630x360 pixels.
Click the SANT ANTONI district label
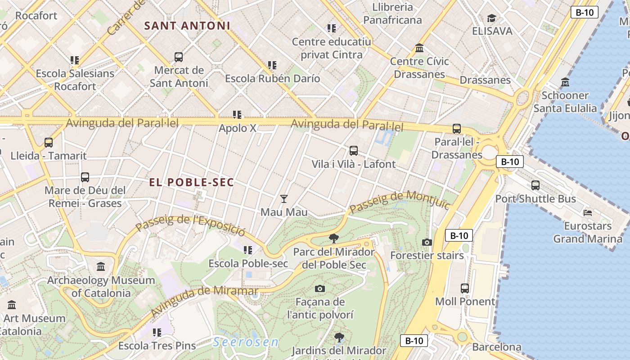[x=187, y=26]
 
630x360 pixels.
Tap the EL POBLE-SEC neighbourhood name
[x=192, y=182]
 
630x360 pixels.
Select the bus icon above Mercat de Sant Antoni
[x=179, y=57]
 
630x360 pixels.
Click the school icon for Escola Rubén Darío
[x=272, y=65]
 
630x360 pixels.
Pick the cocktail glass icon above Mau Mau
[x=284, y=198]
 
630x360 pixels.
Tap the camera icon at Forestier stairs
[x=427, y=243]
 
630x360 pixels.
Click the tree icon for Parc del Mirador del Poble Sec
[x=333, y=238]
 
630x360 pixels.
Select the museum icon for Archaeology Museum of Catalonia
[x=101, y=267]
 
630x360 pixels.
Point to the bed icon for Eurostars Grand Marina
[x=588, y=212]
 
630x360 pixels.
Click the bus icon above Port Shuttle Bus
[x=535, y=185]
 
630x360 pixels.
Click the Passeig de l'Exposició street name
[x=191, y=225]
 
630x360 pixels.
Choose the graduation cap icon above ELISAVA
[x=492, y=18]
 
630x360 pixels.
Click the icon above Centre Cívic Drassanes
[x=419, y=48]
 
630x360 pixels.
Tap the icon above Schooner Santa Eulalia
[x=565, y=82]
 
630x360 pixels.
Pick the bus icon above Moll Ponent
[x=465, y=288]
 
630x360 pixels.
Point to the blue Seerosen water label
[x=246, y=342]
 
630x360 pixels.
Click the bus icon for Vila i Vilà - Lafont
[x=354, y=151]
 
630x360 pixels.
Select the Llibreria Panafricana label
[x=392, y=13]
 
